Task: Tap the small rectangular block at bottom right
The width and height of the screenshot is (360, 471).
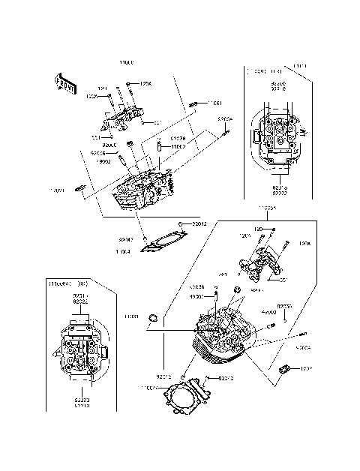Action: [285, 370]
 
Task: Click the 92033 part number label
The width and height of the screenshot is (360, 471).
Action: [284, 307]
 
